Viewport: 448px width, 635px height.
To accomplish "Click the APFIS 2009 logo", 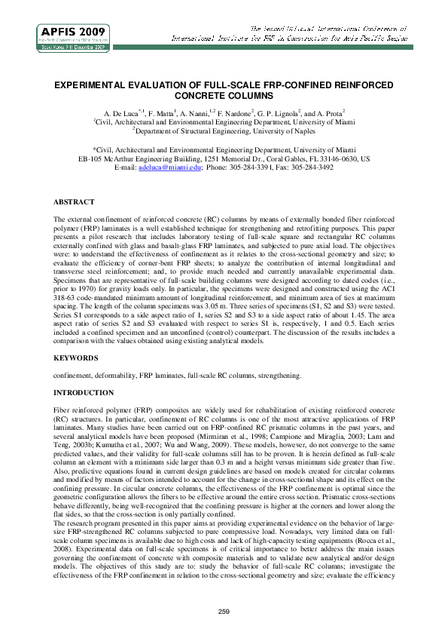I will coord(72,37).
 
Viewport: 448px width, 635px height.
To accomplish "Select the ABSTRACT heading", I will coord(74,202).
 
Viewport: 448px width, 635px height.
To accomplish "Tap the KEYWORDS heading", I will coord(75,357).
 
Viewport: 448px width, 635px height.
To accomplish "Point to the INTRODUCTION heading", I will coord(82,393).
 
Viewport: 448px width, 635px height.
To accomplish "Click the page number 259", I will coord(224,611).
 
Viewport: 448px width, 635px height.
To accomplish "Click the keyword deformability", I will coord(115,375).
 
